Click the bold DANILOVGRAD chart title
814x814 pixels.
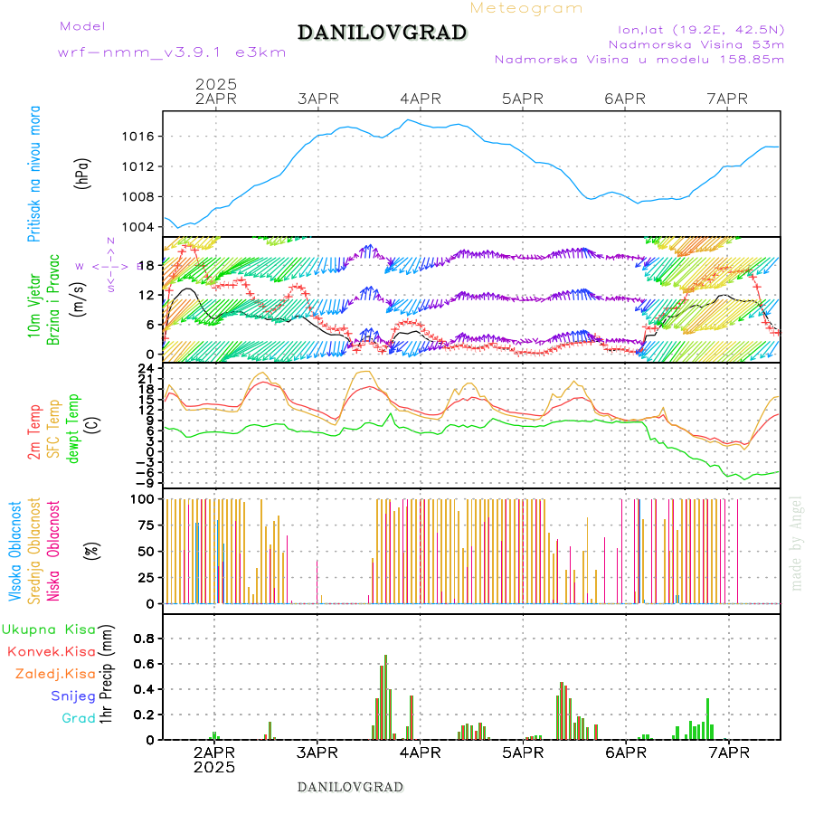tap(382, 33)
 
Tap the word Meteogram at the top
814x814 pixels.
tap(526, 8)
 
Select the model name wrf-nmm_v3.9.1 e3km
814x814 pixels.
tap(172, 52)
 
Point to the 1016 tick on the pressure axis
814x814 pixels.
tap(138, 137)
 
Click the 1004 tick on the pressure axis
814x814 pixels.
tap(138, 227)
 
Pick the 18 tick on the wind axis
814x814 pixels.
tap(145, 265)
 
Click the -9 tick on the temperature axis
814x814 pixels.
tap(143, 483)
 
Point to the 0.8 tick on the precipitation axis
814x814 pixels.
tap(144, 638)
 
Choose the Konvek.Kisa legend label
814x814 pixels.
tap(52, 651)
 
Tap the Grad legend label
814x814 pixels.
tap(78, 718)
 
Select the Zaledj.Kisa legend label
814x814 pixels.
tap(55, 673)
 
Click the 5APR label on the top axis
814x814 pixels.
tap(521, 99)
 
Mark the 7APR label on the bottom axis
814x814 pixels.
tap(727, 752)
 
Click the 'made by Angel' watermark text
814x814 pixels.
tap(797, 543)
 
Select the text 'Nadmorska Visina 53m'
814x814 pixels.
tap(696, 43)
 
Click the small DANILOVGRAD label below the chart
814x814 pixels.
tap(350, 786)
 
